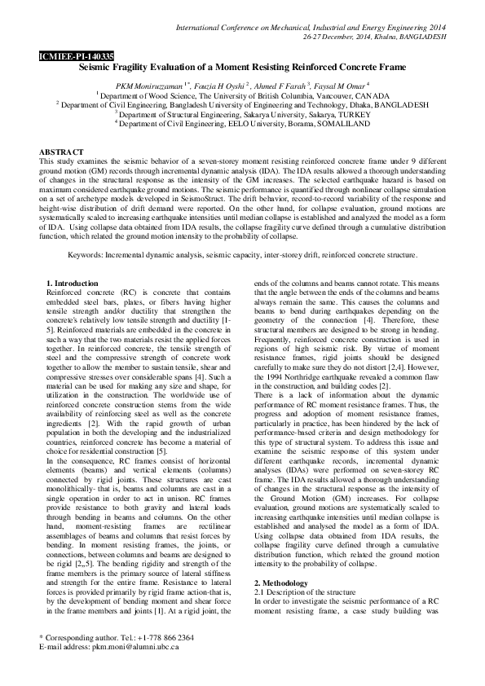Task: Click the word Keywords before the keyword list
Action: click(x=87, y=255)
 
